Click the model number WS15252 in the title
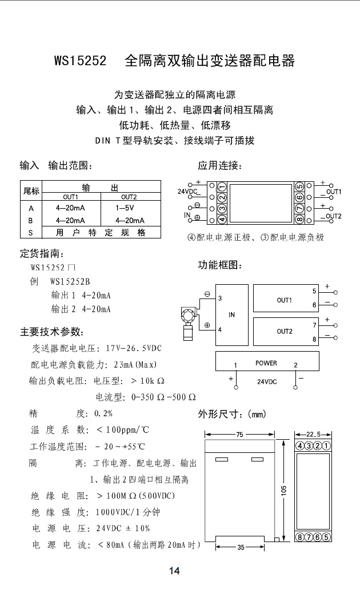(80, 61)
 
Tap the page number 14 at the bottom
(174, 571)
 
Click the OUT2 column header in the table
(129, 197)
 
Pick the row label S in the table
(31, 232)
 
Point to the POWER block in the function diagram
(266, 363)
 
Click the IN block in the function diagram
(231, 315)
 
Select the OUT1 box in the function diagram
(284, 300)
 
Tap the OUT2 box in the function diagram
(284, 331)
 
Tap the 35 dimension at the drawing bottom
(240, 547)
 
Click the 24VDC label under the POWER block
(266, 381)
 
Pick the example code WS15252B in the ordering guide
(71, 281)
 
